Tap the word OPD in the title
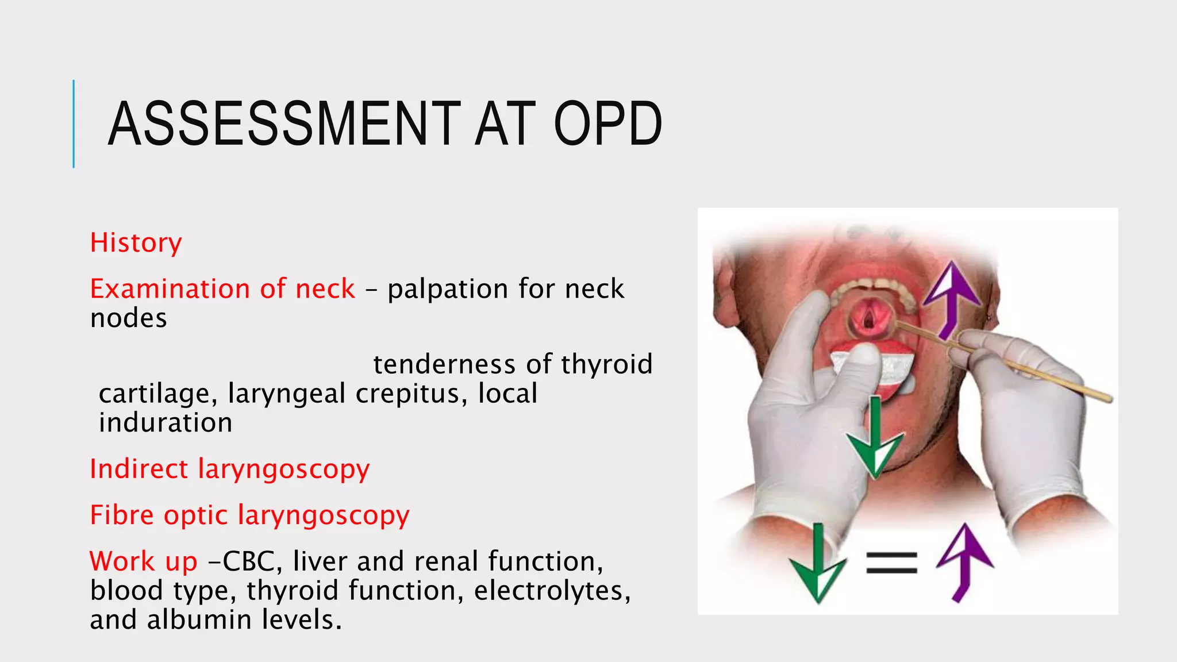pyautogui.click(x=607, y=124)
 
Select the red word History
pyautogui.click(x=136, y=243)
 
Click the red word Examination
pyautogui.click(x=170, y=288)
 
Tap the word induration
pyautogui.click(x=166, y=424)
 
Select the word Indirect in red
pyautogui.click(x=139, y=469)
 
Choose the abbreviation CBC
pyautogui.click(x=248, y=561)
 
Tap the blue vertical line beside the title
pyautogui.click(x=74, y=124)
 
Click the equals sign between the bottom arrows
pyautogui.click(x=891, y=563)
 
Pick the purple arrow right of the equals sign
pyautogui.click(x=964, y=560)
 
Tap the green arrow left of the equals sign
pyautogui.click(x=817, y=566)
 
